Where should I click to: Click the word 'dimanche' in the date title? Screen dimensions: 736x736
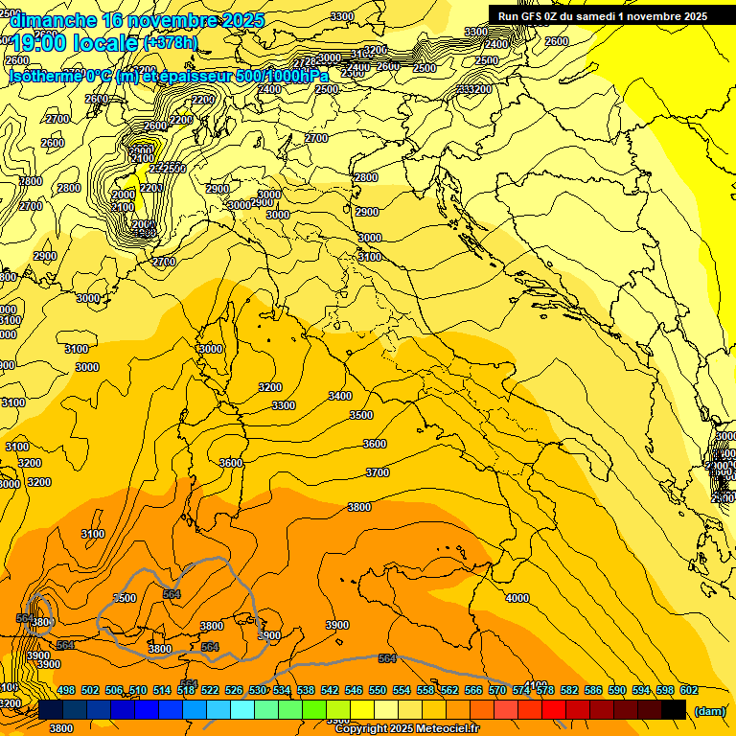[52, 20]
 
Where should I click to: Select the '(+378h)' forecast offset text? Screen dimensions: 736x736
[171, 43]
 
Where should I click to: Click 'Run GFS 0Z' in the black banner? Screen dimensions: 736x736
[533, 16]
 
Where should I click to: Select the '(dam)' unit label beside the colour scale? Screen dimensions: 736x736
[709, 710]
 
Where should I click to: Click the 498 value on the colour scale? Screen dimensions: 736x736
[66, 690]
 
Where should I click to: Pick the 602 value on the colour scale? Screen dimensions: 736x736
[689, 690]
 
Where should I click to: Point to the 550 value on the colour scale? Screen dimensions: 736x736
[378, 690]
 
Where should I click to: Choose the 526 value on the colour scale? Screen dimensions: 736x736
[234, 690]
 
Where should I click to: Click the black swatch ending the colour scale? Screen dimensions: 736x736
[674, 709]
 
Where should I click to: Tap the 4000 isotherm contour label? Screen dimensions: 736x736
[517, 598]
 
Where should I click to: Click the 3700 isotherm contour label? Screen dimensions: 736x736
[378, 472]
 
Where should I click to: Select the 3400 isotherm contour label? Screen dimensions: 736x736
[339, 396]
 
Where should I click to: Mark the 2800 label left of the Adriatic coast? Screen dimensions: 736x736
[366, 177]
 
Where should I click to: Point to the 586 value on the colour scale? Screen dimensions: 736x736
[593, 690]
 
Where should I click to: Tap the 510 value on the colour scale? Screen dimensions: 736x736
[138, 690]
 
